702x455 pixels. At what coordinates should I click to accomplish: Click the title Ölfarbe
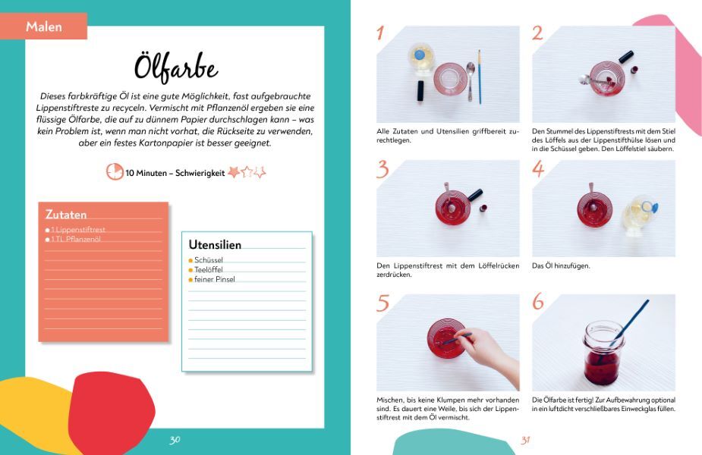pyautogui.click(x=176, y=68)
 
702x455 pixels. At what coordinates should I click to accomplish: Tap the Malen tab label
pyautogui.click(x=44, y=27)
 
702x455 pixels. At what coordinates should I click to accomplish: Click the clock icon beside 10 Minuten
pyautogui.click(x=115, y=172)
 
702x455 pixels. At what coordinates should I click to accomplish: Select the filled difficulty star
pyautogui.click(x=234, y=172)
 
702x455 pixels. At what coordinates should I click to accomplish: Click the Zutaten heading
pyautogui.click(x=66, y=215)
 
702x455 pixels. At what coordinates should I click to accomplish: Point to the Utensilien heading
pyautogui.click(x=215, y=245)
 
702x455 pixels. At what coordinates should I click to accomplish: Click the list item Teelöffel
pyautogui.click(x=208, y=270)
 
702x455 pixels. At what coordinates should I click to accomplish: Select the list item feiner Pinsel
pyautogui.click(x=215, y=279)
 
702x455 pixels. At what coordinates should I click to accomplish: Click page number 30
pyautogui.click(x=175, y=440)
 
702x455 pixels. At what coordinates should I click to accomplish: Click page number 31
pyautogui.click(x=525, y=441)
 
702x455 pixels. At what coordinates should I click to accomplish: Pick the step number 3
pyautogui.click(x=382, y=170)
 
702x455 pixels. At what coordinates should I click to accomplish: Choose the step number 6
pyautogui.click(x=537, y=302)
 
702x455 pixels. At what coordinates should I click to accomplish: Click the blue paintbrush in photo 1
pyautogui.click(x=480, y=77)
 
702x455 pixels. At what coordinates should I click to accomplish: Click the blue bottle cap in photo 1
pyautogui.click(x=420, y=55)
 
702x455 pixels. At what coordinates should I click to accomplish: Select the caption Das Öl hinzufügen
pyautogui.click(x=561, y=265)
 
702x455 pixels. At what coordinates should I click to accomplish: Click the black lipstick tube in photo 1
pyautogui.click(x=421, y=90)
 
